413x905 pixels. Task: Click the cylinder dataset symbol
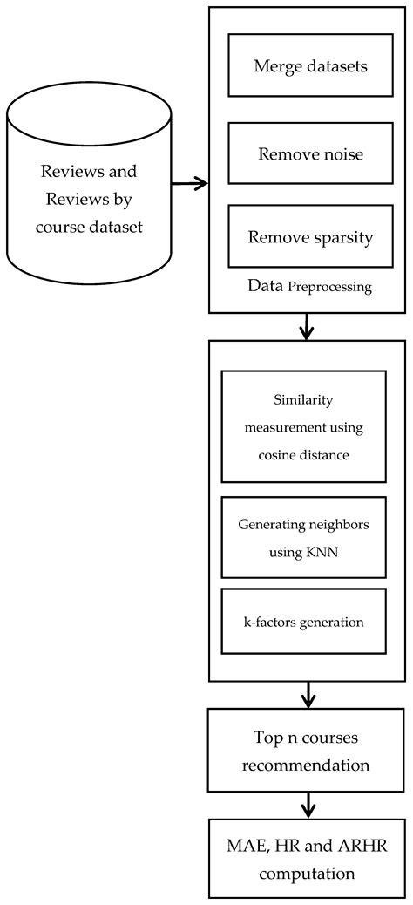89,185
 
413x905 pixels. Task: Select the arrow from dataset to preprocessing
190,183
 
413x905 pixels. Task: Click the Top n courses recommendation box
308,750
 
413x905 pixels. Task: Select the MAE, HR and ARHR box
308,859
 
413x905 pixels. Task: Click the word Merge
276,65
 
